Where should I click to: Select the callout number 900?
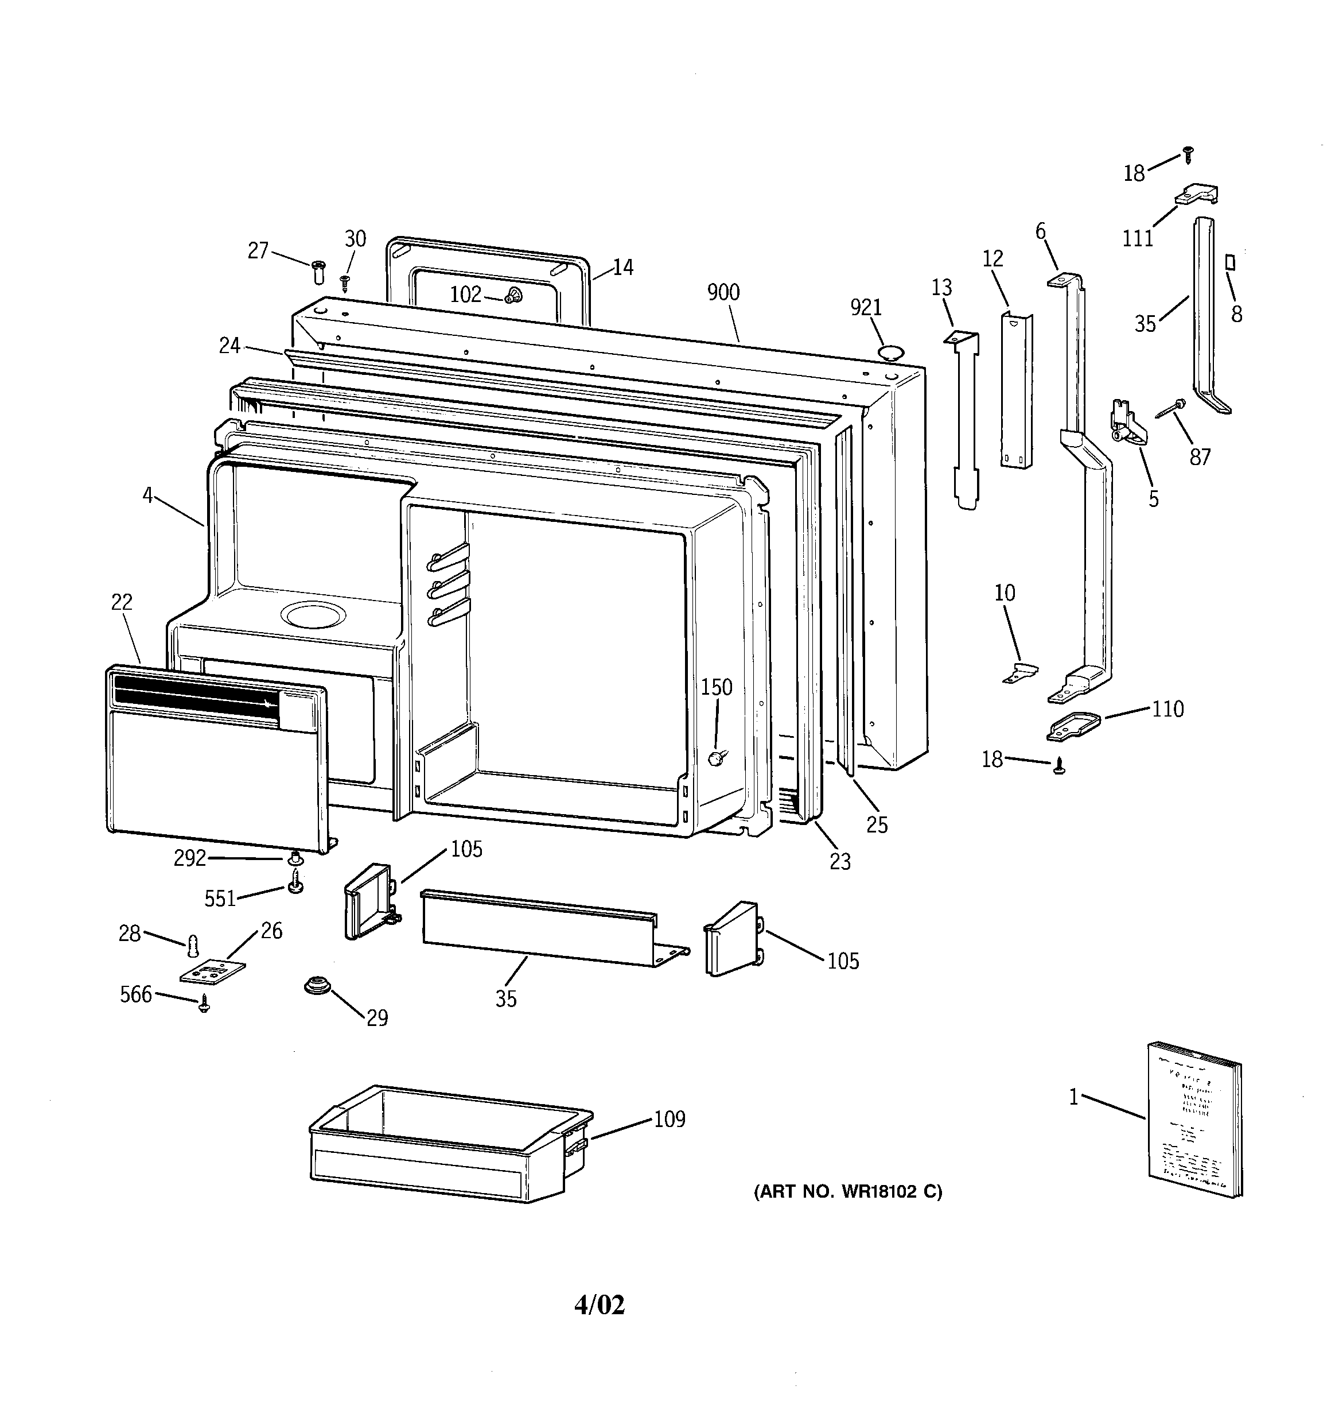[723, 292]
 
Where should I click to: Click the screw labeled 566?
[204, 1004]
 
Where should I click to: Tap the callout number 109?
[670, 1118]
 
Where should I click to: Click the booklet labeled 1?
[1193, 1120]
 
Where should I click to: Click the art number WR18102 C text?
[848, 1191]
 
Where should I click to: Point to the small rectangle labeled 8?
[1230, 262]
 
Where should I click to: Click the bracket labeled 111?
[1197, 195]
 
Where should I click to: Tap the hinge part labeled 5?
[1125, 423]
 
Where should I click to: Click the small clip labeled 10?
[1020, 671]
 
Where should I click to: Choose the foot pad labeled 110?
[1072, 727]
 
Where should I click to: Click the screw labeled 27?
[318, 272]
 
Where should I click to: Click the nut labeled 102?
[512, 295]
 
